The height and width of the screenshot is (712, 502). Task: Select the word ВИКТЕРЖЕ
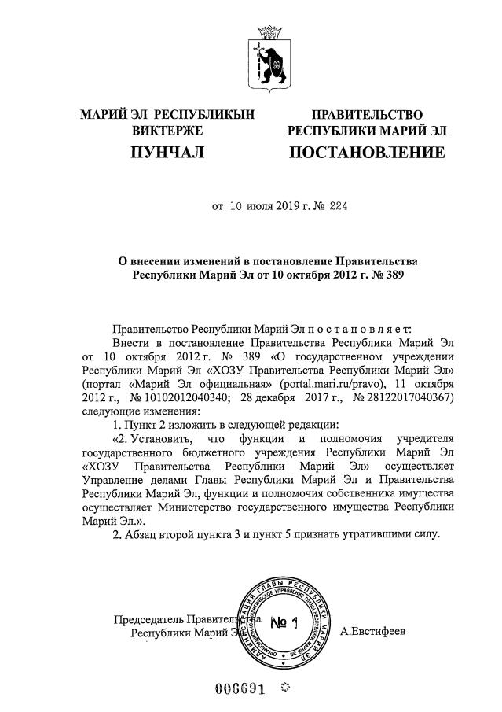coord(167,129)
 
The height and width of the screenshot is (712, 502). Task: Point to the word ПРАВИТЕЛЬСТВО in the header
coord(367,114)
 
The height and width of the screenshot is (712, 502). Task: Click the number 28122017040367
coord(414,397)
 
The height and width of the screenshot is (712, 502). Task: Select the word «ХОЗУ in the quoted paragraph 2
coord(104,466)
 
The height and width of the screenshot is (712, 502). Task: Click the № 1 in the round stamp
coord(284,624)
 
